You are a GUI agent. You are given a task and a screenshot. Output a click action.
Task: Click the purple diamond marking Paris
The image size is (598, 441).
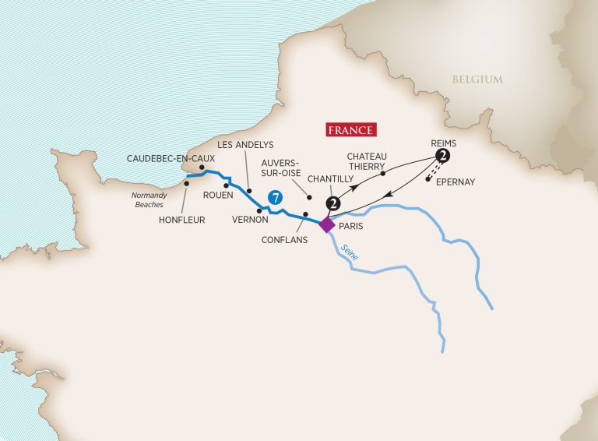pos(327,224)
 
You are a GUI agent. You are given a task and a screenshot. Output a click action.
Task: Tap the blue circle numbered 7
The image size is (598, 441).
pos(273,199)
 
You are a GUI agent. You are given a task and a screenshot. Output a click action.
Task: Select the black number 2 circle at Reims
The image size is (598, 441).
pos(443,157)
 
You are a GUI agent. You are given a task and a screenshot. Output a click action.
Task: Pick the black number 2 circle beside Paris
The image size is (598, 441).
pos(334,204)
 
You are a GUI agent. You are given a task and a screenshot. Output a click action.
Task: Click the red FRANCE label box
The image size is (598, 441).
pos(349,130)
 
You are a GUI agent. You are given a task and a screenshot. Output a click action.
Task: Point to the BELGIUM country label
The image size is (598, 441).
pos(477,79)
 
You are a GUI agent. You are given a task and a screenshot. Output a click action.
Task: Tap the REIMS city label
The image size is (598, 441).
pos(442,143)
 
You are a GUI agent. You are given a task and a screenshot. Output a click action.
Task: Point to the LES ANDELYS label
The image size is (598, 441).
pos(244,144)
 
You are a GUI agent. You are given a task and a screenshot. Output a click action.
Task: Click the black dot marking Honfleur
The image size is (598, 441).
pos(186,184)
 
